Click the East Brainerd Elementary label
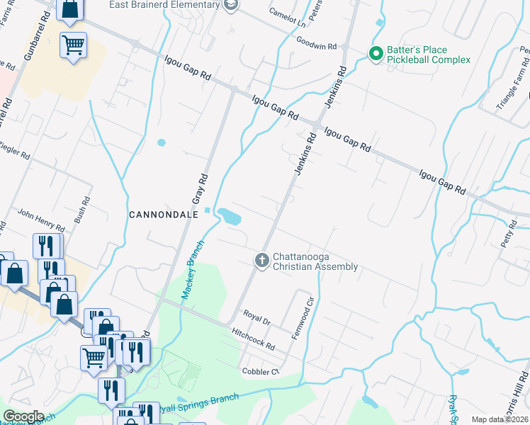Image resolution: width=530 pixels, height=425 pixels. [x=164, y=5]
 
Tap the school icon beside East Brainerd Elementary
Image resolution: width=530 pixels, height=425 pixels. [x=230, y=6]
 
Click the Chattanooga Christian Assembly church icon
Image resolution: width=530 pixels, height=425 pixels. [x=261, y=261]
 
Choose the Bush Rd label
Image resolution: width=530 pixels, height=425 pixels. [x=81, y=209]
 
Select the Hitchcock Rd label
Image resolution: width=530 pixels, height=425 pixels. [x=252, y=338]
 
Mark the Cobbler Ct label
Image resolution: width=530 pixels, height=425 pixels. [x=256, y=371]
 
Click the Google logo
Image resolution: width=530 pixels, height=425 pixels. [x=24, y=416]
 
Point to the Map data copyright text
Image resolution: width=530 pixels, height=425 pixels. [x=500, y=419]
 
